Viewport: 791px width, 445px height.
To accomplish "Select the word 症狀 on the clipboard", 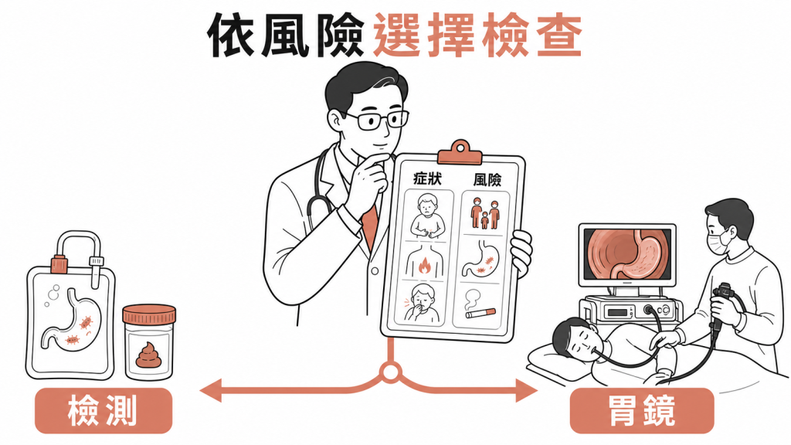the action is pos(427,178).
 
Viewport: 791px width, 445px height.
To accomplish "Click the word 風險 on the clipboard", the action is pos(487,179).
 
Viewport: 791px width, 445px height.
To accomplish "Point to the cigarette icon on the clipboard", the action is pos(480,314).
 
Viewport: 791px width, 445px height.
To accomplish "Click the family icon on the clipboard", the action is pos(485,213).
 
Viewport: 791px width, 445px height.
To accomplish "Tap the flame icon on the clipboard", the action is pos(424,266).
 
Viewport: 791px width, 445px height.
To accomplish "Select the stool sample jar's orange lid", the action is pos(149,314).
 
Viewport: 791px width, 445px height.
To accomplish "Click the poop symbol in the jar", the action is pos(148,355).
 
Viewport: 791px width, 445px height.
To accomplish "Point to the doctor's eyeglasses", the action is pos(377,120).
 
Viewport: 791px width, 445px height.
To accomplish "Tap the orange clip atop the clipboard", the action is pos(460,154).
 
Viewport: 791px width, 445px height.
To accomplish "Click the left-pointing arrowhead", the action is pos(210,390).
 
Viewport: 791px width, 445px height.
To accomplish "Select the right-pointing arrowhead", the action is pos(527,390).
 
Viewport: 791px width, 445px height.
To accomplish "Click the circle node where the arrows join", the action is pos(390,373).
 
